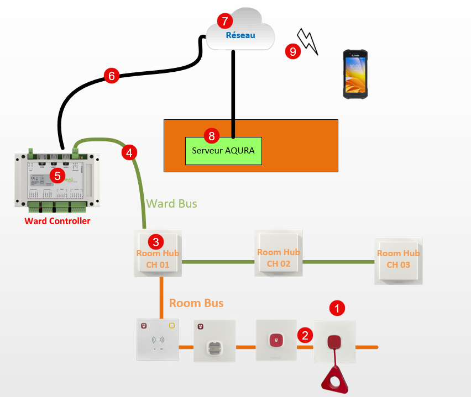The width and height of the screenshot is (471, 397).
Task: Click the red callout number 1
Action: point(337,308)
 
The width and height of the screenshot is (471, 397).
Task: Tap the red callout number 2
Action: point(303,335)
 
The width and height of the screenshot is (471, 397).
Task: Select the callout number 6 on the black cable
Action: point(111,76)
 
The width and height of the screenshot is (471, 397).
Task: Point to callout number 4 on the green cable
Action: point(129,152)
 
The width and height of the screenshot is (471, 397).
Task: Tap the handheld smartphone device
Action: point(355,75)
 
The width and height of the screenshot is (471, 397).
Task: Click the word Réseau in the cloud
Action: point(240,35)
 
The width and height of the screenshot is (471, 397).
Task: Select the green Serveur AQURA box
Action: point(223,150)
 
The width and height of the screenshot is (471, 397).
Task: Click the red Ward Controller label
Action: point(57,221)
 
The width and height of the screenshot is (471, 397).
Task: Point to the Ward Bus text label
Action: point(171,204)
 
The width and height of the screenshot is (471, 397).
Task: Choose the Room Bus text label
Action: point(196,303)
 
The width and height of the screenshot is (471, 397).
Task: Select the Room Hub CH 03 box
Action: point(398,261)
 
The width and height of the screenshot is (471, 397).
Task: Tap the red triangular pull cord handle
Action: point(334,380)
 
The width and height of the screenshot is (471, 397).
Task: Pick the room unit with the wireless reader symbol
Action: point(158,340)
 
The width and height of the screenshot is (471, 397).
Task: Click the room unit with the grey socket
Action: point(214,341)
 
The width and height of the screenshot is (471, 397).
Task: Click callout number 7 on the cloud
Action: point(224,22)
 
